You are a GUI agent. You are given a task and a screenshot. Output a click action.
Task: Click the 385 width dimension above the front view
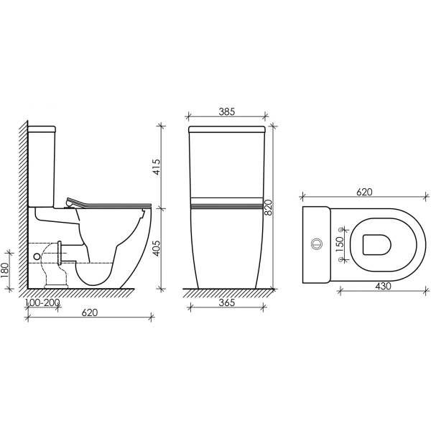[226, 112]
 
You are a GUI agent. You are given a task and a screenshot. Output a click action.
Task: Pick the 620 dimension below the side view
[89, 312]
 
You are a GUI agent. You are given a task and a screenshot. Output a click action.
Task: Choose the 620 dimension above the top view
[364, 193]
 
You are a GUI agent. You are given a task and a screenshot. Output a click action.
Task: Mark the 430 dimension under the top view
[383, 287]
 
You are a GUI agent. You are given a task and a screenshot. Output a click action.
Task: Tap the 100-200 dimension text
[42, 303]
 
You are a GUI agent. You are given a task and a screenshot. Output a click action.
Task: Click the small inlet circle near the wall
[37, 256]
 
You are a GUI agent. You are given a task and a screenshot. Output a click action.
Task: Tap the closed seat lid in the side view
[108, 203]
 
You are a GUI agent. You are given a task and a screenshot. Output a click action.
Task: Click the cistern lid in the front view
[226, 131]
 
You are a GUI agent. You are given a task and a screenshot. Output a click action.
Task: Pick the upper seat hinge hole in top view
[340, 228]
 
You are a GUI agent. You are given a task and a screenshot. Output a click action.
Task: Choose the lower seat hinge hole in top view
[340, 260]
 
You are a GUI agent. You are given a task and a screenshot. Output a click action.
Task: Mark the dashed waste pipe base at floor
[56, 286]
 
